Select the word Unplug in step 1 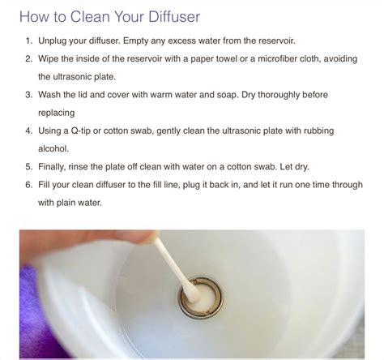point(56,40)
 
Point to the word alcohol point(57,148)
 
